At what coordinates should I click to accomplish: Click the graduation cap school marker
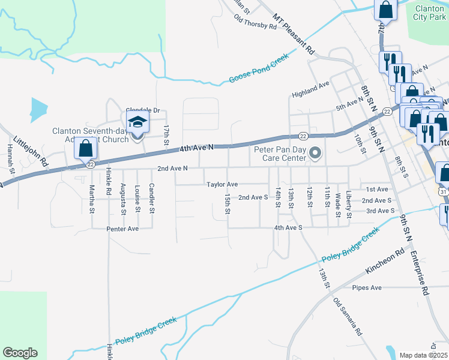click(137, 124)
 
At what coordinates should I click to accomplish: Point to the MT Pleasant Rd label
click(294, 34)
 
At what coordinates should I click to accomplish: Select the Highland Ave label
click(310, 90)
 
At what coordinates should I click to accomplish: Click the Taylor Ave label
click(222, 184)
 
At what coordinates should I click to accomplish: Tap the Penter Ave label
click(122, 229)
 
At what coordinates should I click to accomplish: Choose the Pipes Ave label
click(367, 287)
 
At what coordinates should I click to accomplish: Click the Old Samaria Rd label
click(348, 317)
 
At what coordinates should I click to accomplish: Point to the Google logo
click(20, 353)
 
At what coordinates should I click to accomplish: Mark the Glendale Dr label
click(142, 110)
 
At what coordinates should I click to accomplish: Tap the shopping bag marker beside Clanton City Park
click(385, 10)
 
